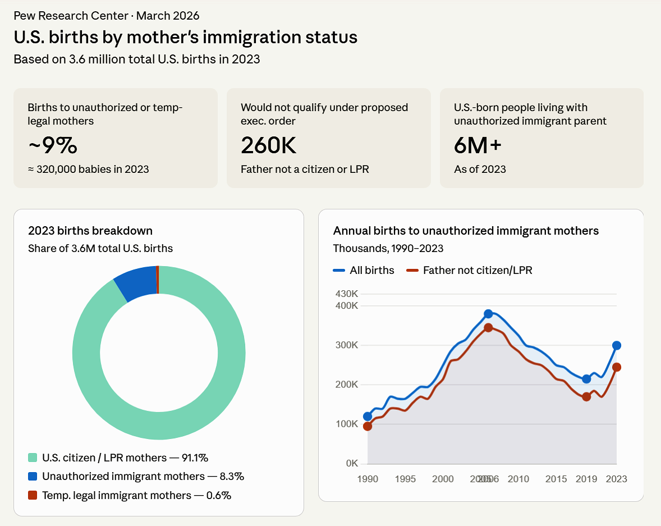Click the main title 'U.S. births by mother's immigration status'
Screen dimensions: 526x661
185,37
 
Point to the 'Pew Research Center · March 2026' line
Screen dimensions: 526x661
106,16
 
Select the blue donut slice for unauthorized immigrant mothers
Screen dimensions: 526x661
136,282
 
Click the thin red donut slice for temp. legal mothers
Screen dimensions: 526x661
158,280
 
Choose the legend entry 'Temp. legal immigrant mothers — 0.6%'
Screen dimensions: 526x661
130,495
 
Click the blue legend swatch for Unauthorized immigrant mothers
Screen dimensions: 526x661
33,477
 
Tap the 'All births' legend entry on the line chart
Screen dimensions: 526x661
364,270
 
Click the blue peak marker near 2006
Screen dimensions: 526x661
488,314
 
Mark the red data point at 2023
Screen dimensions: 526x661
617,367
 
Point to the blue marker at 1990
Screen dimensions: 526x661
368,417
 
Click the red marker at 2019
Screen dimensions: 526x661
586,397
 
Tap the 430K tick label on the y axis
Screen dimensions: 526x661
347,294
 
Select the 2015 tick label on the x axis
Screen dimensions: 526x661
556,479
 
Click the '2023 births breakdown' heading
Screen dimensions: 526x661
90,231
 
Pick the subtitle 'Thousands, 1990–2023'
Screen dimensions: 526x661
388,248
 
